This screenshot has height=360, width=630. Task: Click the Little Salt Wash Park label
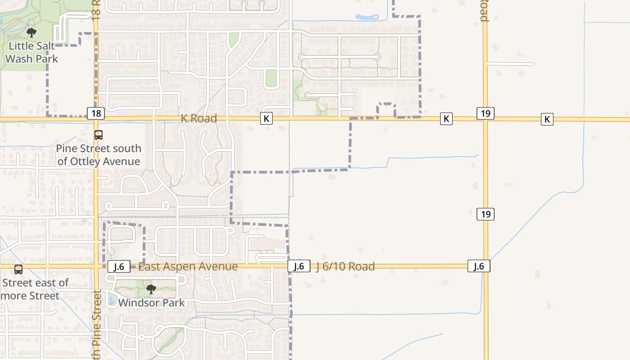click(x=31, y=52)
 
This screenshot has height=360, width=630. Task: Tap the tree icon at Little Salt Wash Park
click(x=31, y=32)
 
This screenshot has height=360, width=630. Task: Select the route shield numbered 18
click(x=96, y=113)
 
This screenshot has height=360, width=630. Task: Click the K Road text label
click(x=199, y=118)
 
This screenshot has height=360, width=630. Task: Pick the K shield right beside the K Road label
click(x=266, y=118)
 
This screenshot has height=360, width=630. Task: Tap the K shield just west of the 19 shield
click(x=446, y=119)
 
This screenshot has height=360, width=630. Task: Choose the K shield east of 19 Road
click(x=547, y=119)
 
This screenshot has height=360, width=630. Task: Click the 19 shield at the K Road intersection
click(x=486, y=113)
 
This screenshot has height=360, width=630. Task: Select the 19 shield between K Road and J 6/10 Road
click(x=486, y=214)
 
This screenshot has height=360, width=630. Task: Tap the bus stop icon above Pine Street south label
click(x=98, y=135)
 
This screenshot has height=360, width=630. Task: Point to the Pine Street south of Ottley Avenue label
click(x=99, y=155)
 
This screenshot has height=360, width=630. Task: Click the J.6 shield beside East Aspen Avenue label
click(x=119, y=266)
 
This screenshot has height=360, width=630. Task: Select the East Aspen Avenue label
click(x=188, y=266)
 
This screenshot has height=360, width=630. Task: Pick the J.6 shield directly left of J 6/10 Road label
click(x=299, y=266)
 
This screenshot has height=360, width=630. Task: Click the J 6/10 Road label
click(x=345, y=266)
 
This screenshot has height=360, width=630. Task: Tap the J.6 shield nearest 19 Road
click(x=479, y=266)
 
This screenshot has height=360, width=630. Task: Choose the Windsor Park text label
click(x=151, y=303)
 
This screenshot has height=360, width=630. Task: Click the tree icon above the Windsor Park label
click(x=151, y=289)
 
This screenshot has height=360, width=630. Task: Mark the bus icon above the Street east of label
click(x=18, y=270)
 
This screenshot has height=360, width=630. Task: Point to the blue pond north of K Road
click(x=367, y=17)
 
